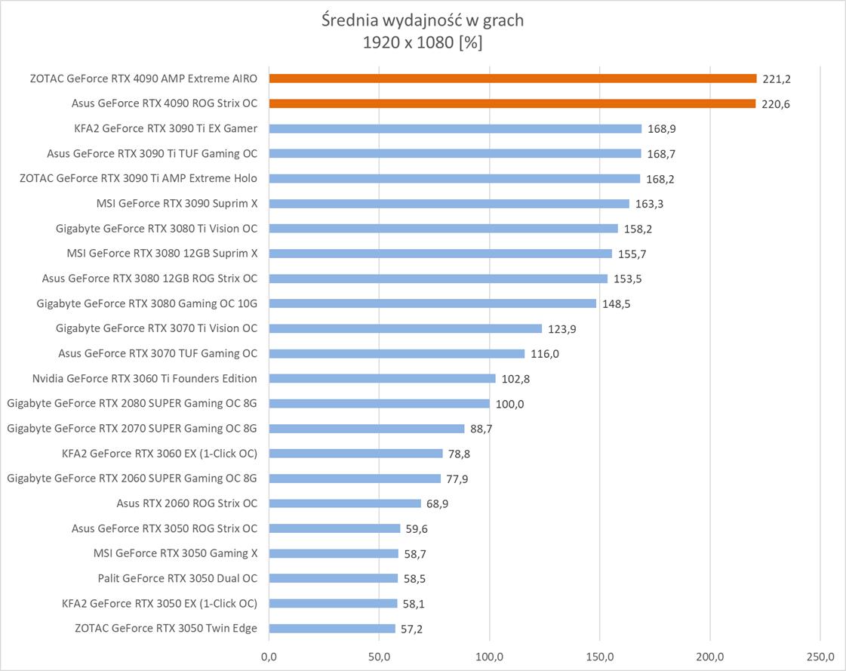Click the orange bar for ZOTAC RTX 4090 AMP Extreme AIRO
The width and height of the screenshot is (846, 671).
pyautogui.click(x=512, y=78)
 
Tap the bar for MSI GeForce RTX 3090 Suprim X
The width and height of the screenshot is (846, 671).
pyautogui.click(x=449, y=204)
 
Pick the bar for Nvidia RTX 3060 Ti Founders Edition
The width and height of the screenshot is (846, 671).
pyautogui.click(x=382, y=378)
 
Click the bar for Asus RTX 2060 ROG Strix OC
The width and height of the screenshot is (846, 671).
pyautogui.click(x=345, y=503)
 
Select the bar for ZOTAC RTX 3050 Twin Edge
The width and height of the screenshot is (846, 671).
pyautogui.click(x=332, y=629)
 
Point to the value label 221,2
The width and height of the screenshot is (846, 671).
pyautogui.click(x=777, y=78)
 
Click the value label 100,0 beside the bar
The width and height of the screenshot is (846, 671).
pyautogui.click(x=509, y=404)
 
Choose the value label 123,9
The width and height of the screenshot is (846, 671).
pyautogui.click(x=561, y=328)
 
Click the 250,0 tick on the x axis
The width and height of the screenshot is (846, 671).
pyautogui.click(x=820, y=656)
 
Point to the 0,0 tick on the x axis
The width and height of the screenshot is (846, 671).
pyautogui.click(x=269, y=656)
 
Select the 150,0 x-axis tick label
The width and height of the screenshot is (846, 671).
pyautogui.click(x=600, y=656)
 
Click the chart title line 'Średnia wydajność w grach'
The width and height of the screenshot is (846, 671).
pyautogui.click(x=423, y=20)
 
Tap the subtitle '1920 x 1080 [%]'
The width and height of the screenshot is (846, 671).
pyautogui.click(x=423, y=43)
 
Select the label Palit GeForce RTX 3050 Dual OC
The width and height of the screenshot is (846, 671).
pyautogui.click(x=177, y=578)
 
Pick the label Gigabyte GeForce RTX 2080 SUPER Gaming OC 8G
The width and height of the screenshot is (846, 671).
pyautogui.click(x=132, y=403)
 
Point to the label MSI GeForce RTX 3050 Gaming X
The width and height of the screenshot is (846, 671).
pyautogui.click(x=175, y=553)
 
